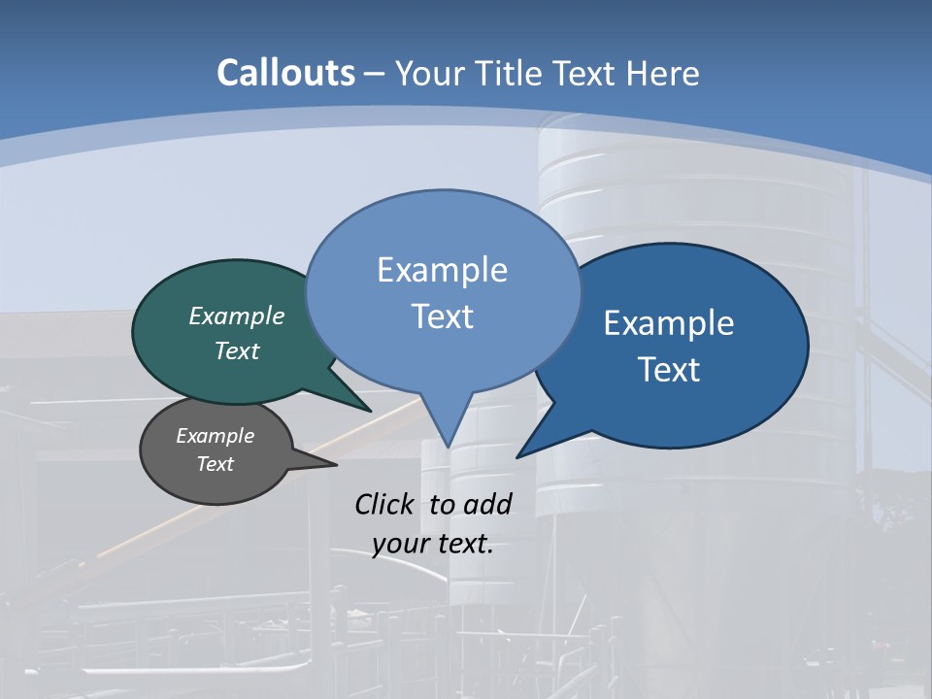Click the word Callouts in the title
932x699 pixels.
[285, 73]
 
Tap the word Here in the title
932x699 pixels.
[664, 73]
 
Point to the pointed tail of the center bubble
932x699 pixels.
[447, 443]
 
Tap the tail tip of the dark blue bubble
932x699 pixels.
[519, 455]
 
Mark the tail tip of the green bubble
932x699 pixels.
[369, 411]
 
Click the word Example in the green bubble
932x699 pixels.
[237, 316]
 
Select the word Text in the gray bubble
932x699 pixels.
[216, 464]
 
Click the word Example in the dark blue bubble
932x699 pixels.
[669, 323]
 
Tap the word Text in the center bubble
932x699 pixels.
[443, 316]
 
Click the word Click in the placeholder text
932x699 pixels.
[385, 504]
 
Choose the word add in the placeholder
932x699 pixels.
[486, 504]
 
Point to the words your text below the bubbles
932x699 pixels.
[433, 544]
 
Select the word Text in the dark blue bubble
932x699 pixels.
[669, 370]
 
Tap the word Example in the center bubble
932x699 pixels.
[443, 270]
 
